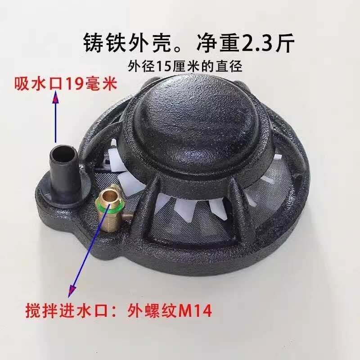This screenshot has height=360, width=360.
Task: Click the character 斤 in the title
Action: (x=284, y=44)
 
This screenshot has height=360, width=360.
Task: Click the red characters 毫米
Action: (x=102, y=84)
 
